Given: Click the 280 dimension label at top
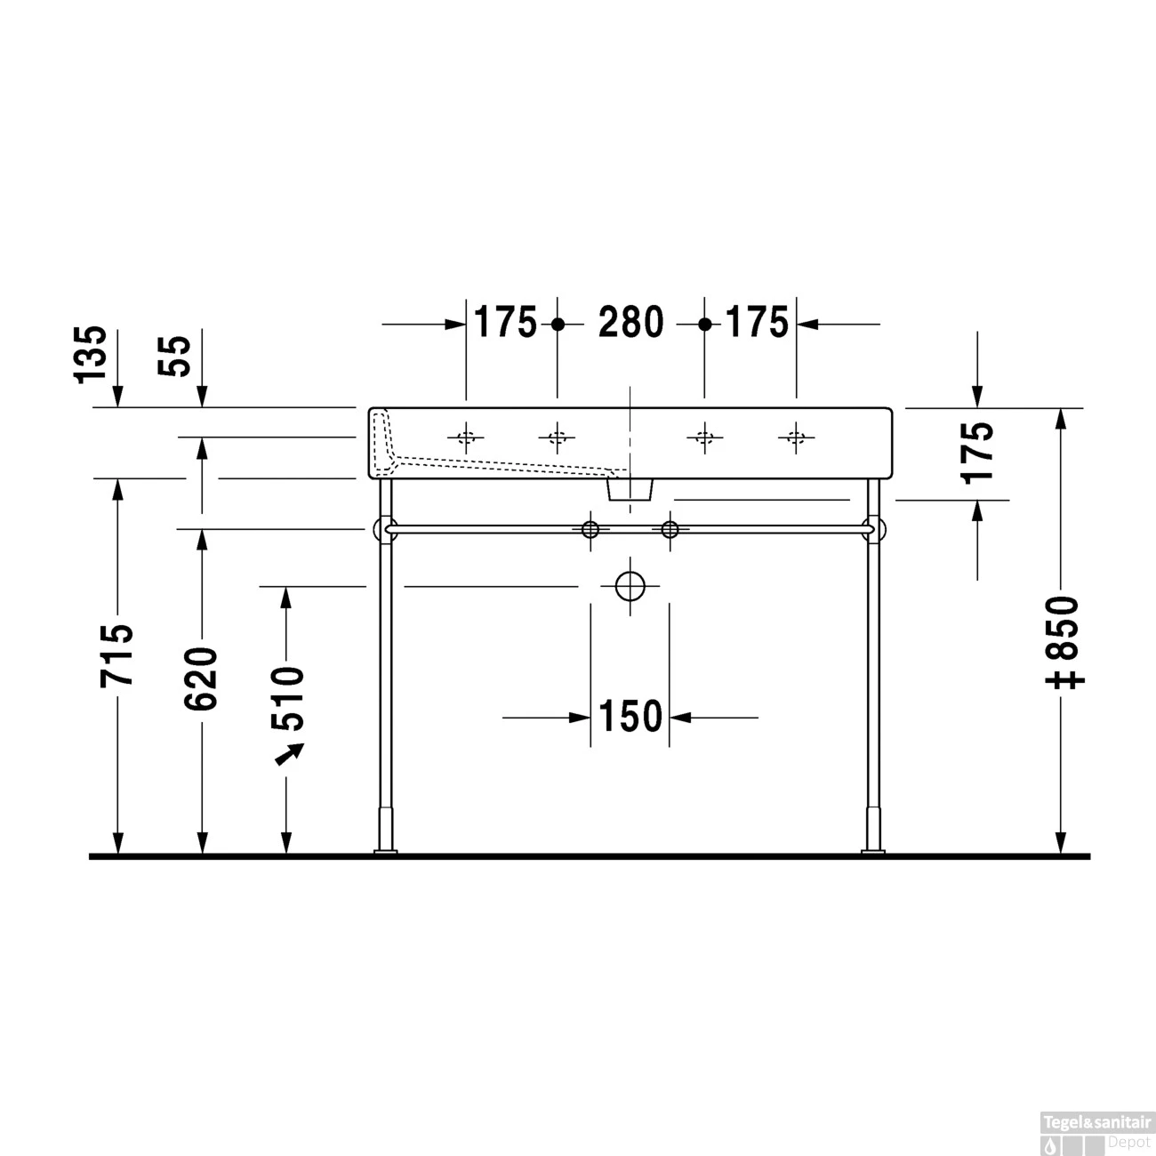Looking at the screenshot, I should point(630,323).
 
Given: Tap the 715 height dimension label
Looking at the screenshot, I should point(117,655).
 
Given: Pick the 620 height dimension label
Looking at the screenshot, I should point(202,678).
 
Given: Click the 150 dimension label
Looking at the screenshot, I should point(630,717).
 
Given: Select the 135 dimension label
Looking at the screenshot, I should point(92,354).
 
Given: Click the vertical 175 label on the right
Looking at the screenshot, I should point(977,451).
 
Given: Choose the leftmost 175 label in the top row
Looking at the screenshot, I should point(505,323).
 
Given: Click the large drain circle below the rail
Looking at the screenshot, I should point(630,586).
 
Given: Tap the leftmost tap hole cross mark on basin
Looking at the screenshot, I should point(465,437).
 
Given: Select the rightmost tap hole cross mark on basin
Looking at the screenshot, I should point(795,437).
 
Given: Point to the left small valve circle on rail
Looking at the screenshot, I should point(590,530).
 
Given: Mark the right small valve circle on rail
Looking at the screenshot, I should point(670,530).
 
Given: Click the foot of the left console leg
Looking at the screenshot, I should point(386,853).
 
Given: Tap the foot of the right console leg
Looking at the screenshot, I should point(873,853).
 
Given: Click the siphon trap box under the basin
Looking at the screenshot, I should point(630,487).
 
